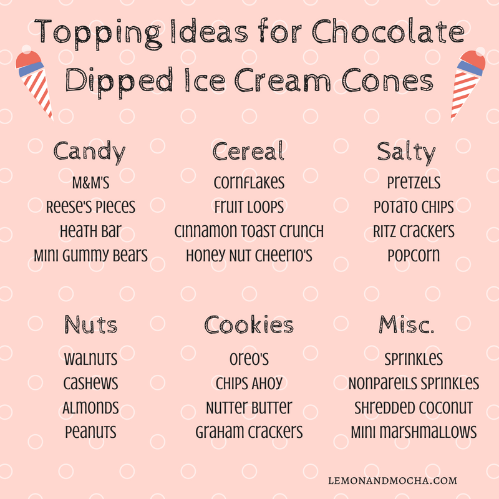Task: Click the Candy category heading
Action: (x=90, y=152)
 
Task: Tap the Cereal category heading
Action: (x=248, y=151)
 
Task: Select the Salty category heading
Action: (x=406, y=152)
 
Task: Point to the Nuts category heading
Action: (x=90, y=324)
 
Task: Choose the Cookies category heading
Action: (x=249, y=324)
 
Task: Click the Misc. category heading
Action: (x=407, y=324)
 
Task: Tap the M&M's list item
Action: (x=90, y=183)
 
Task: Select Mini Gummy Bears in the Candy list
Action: (x=90, y=255)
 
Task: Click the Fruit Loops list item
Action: (x=249, y=206)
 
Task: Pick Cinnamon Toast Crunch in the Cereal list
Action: (x=249, y=231)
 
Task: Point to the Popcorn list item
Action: (x=413, y=255)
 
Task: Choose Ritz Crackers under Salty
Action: (x=414, y=231)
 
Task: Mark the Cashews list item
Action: (x=90, y=383)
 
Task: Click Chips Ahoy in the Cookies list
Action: (x=249, y=383)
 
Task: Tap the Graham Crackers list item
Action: (x=249, y=432)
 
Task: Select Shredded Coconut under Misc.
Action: (x=414, y=408)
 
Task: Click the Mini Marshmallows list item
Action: (x=414, y=432)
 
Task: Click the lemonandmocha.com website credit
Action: (x=392, y=481)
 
